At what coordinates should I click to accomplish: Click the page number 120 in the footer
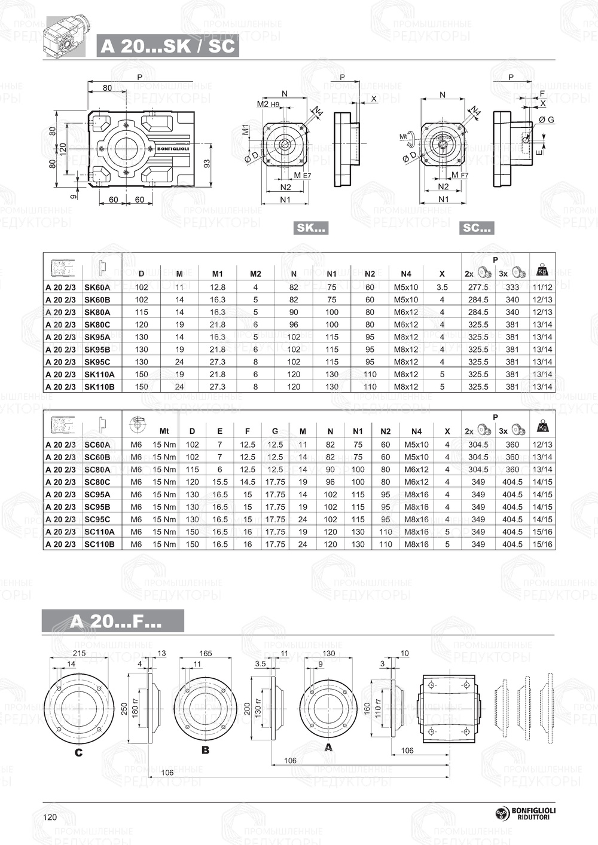click(50, 817)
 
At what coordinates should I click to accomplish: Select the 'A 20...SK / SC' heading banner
click(167, 47)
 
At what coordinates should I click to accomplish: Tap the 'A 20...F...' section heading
click(113, 621)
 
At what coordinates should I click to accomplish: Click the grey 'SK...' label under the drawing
click(312, 228)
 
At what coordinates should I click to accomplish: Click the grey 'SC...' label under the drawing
click(477, 228)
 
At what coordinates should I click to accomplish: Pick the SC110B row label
click(99, 544)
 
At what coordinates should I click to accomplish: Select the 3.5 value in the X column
click(442, 287)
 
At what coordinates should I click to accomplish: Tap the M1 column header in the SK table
click(218, 274)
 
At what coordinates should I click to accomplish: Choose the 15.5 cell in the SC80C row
click(219, 482)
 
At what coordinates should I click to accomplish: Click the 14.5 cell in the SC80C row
click(248, 482)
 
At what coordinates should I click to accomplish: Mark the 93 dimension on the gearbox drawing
click(206, 163)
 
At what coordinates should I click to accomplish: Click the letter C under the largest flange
click(78, 752)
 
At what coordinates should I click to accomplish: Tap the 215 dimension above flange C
click(79, 653)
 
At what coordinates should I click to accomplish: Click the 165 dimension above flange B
click(205, 653)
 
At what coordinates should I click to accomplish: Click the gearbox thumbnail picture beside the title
click(66, 37)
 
